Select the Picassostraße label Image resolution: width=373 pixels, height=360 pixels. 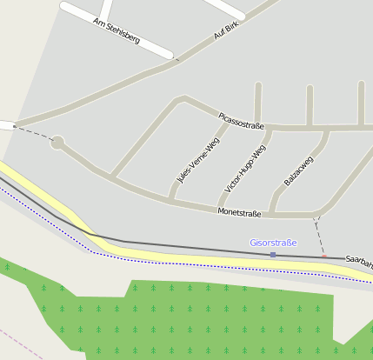point(242,120)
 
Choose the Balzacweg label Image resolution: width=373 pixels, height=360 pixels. point(298,170)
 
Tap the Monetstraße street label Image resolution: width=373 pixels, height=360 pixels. point(239,212)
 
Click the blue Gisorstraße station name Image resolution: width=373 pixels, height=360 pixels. point(273,243)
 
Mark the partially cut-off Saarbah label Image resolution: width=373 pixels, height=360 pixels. point(358,260)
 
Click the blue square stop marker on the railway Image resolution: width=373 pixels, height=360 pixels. point(273,255)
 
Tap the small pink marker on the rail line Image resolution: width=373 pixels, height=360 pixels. point(323,257)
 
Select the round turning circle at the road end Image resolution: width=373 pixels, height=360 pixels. point(57,142)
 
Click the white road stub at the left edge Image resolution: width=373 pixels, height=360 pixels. point(6,125)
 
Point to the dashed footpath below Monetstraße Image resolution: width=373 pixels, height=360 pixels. point(320,233)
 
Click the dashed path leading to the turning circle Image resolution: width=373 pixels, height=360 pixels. point(33,132)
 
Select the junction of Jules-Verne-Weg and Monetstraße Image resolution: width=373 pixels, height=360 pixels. point(170,201)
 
